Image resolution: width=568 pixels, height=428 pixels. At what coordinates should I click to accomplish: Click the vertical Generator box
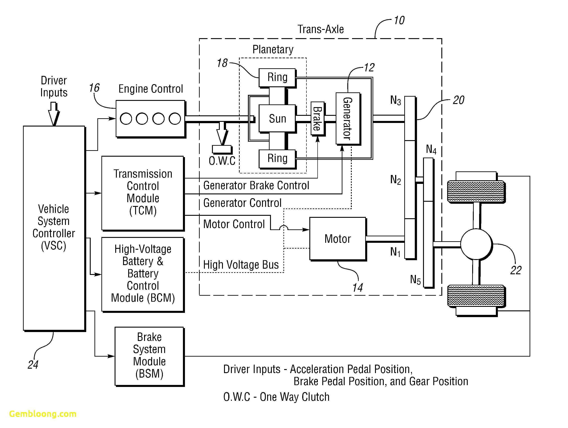click(348, 118)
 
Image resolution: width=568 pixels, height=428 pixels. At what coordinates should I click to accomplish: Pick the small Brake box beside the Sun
click(317, 118)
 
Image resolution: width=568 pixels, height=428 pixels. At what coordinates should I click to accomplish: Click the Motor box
click(337, 239)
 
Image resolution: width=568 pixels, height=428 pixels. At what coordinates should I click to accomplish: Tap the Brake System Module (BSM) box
click(149, 356)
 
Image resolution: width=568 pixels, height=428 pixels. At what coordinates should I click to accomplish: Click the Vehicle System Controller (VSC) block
click(54, 228)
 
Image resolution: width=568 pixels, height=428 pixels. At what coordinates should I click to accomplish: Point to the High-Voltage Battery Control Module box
click(143, 274)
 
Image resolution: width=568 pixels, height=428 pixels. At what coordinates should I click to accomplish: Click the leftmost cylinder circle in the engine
click(126, 119)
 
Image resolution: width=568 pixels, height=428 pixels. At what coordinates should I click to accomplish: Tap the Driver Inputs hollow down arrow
click(54, 113)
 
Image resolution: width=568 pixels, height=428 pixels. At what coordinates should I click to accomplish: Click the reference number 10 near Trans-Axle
click(399, 21)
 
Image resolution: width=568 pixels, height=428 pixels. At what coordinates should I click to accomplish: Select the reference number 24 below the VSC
click(33, 365)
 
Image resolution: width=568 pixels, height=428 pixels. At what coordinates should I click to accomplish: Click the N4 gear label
click(431, 149)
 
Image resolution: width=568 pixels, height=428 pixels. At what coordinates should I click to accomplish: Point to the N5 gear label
click(415, 279)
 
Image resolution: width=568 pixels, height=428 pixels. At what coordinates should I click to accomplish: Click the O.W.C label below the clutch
click(222, 161)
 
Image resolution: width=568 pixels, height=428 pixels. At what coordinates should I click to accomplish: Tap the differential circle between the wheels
click(476, 244)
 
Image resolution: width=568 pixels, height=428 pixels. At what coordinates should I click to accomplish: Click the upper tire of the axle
click(476, 191)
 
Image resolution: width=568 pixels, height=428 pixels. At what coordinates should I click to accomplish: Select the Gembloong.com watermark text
click(43, 414)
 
